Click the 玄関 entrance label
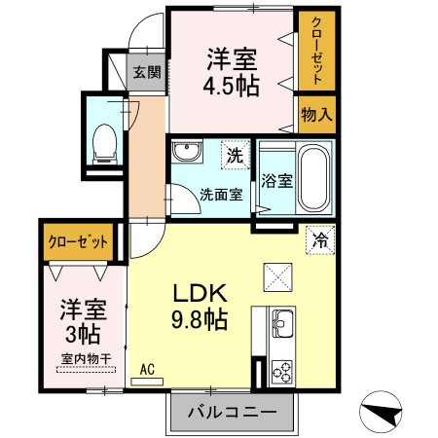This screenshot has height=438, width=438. pos(147,72)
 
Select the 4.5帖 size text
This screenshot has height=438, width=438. pos(232,86)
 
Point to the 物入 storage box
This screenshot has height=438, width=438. pos(316,115)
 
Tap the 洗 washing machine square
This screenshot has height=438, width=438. pos(234,153)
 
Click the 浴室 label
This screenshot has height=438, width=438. pos(275,180)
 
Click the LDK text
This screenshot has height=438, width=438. pos(200,293)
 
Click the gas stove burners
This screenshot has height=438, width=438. pos(286,369)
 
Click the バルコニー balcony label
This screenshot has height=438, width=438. pos(231,412)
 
